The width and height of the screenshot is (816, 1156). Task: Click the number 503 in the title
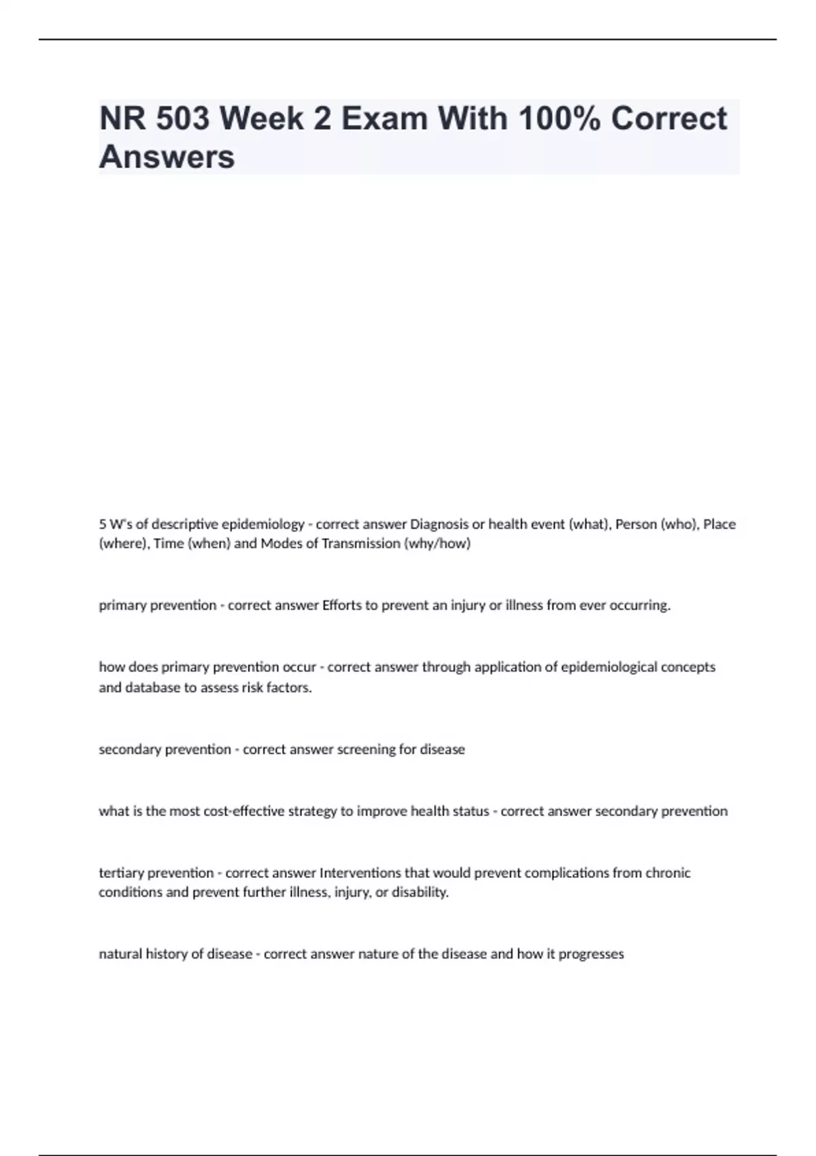pyautogui.click(x=182, y=119)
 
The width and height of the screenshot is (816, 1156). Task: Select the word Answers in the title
pyautogui.click(x=167, y=157)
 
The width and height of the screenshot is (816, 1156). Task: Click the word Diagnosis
pyautogui.click(x=439, y=524)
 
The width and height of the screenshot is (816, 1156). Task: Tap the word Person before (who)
pyautogui.click(x=636, y=524)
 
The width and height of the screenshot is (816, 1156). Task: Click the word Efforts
pyautogui.click(x=342, y=605)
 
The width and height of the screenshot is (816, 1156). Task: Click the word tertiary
pyautogui.click(x=122, y=872)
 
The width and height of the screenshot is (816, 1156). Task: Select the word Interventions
pyautogui.click(x=360, y=872)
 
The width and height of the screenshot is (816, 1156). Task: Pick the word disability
pyautogui.click(x=420, y=892)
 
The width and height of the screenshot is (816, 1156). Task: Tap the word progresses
pyautogui.click(x=591, y=954)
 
